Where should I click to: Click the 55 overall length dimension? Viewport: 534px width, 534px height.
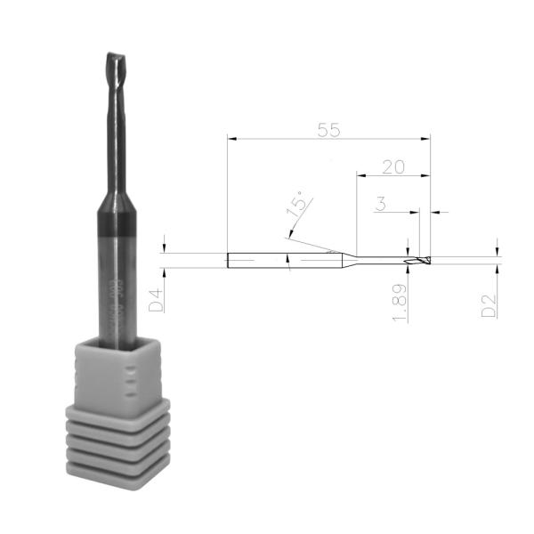[329, 129]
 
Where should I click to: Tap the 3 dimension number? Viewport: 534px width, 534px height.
[380, 205]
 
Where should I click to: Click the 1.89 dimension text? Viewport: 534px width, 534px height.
[400, 303]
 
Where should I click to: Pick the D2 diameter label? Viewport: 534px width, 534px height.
[489, 303]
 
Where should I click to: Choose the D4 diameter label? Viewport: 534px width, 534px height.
[156, 298]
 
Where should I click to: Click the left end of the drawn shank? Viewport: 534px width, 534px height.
[230, 261]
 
